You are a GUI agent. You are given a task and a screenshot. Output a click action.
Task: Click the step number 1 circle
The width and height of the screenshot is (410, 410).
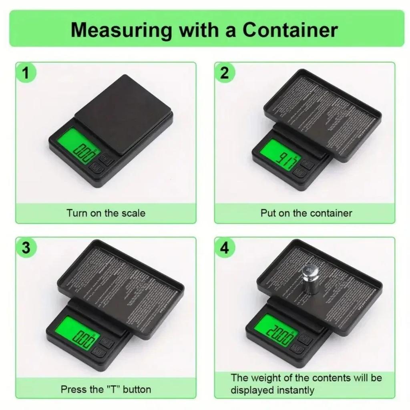pyautogui.click(x=26, y=74)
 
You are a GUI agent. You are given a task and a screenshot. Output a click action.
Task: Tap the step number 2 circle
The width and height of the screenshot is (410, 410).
pyautogui.click(x=225, y=74)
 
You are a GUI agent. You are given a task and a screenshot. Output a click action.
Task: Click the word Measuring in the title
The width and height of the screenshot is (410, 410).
pyautogui.click(x=121, y=30)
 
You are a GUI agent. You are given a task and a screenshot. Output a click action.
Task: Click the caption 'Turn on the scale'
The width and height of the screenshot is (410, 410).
pyautogui.click(x=106, y=213)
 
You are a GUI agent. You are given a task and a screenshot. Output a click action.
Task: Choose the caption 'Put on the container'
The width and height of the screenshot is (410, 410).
pyautogui.click(x=306, y=213)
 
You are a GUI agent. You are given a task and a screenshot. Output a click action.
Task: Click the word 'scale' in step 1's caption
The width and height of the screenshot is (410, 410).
pyautogui.click(x=133, y=213)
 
